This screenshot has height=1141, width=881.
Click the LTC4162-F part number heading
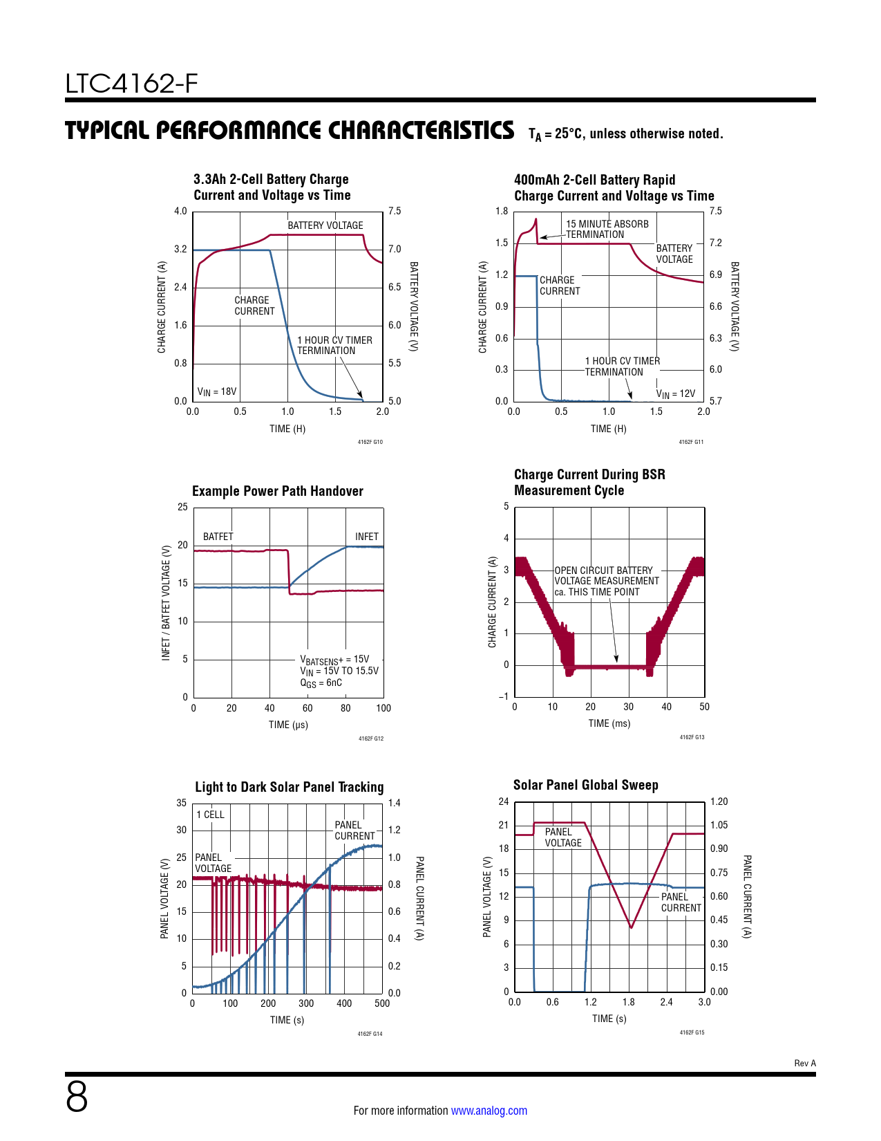tap(131, 84)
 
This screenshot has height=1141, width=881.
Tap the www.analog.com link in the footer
tap(489, 1111)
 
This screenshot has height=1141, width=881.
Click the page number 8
tap(77, 1097)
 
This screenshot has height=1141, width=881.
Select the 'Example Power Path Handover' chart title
tap(277, 491)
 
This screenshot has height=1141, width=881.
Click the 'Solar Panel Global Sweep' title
tap(585, 785)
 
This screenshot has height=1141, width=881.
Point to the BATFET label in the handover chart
tap(218, 537)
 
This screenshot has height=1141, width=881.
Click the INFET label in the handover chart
tap(366, 537)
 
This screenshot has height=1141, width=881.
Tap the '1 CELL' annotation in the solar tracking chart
tap(210, 815)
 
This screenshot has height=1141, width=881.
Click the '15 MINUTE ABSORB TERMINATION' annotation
tap(607, 229)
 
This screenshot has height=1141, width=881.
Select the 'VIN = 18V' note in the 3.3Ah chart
tap(216, 392)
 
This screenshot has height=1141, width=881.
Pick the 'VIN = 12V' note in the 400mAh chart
tap(675, 393)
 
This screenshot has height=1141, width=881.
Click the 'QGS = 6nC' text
tap(321, 683)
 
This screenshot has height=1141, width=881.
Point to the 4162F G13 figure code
tap(692, 737)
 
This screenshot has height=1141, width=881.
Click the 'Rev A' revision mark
tap(804, 1063)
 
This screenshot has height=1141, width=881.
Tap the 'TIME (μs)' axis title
tap(288, 725)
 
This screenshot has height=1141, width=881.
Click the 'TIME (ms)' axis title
tap(609, 723)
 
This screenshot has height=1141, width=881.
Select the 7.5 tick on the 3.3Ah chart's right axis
tap(395, 211)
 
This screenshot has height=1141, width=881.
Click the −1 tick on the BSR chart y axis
tap(504, 696)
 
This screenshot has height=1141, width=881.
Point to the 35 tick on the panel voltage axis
tap(181, 803)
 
